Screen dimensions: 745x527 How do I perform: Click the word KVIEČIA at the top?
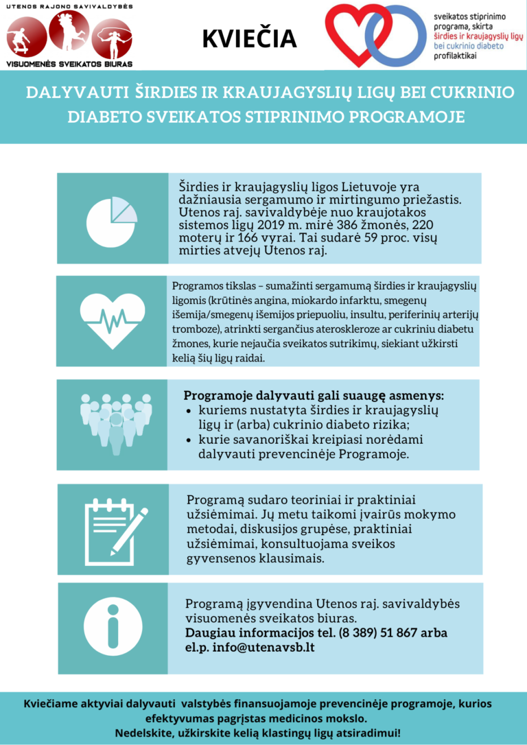[249, 38]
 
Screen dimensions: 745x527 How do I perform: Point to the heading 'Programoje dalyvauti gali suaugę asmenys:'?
[314, 396]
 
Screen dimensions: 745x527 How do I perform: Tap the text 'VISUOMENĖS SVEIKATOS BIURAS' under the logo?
[69, 63]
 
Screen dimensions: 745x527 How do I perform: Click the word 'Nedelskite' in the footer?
[143, 733]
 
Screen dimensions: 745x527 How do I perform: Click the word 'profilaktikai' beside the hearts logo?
[456, 56]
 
